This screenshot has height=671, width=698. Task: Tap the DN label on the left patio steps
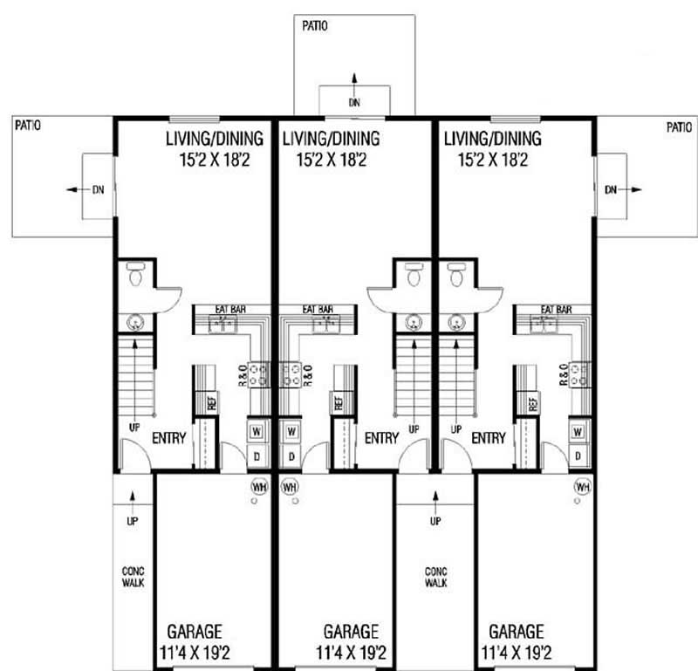(98, 188)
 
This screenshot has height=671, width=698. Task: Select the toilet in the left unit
(134, 276)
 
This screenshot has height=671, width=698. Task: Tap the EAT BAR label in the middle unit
(318, 310)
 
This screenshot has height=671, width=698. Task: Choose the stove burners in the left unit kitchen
(259, 375)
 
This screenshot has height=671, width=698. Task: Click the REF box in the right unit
(531, 403)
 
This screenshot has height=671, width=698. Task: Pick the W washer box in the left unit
(258, 431)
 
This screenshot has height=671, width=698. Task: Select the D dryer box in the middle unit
(291, 455)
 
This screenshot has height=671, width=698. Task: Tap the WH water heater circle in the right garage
(582, 486)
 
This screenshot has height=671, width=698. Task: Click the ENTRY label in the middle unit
(381, 438)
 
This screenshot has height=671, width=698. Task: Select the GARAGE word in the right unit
(516, 631)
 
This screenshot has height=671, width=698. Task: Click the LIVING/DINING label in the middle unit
(331, 139)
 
